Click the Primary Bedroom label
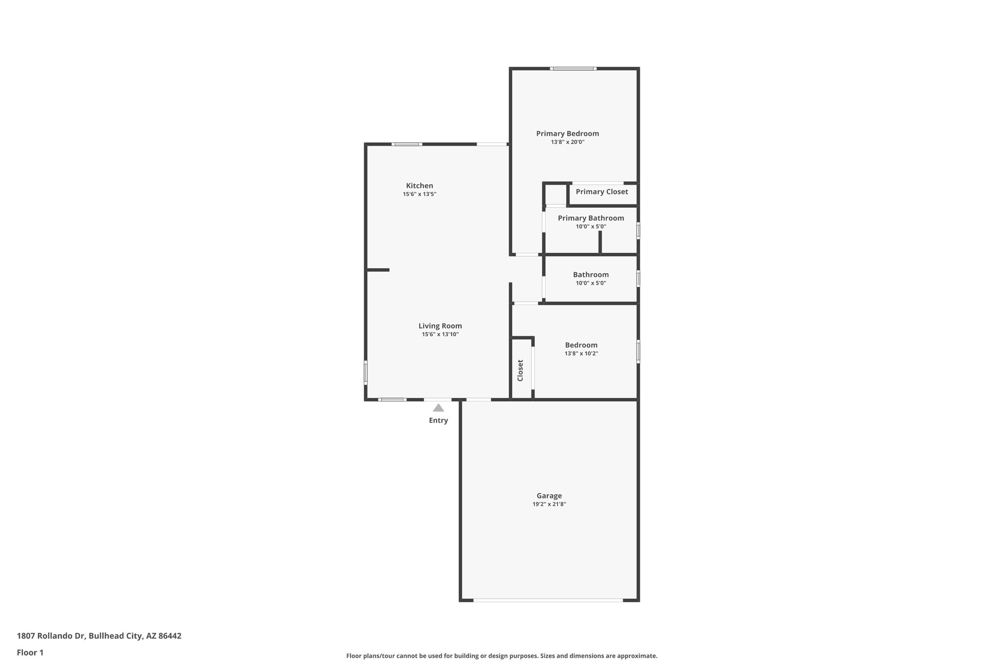567,133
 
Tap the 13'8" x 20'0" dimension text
567,142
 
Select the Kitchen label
419,186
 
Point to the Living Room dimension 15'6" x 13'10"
440,334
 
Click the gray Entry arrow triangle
438,408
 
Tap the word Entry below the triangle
438,421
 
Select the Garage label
549,496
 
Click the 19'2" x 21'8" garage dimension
549,504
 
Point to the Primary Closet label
602,192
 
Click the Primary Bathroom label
591,218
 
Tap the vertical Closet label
520,370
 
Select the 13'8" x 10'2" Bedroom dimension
581,353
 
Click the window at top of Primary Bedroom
573,69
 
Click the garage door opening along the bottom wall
548,600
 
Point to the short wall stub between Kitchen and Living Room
378,270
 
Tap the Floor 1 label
30,653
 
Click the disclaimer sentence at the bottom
502,656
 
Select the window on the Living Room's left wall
366,372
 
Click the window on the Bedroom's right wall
638,351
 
